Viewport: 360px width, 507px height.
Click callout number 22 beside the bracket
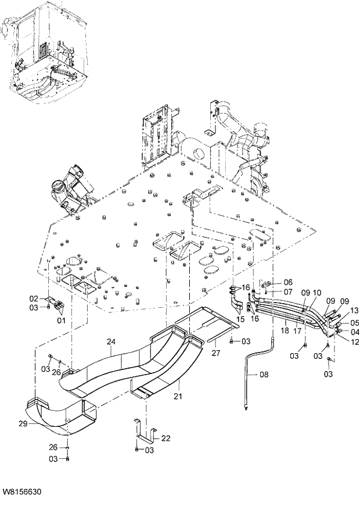(x=165, y=438)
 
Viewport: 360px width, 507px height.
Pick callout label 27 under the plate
(x=215, y=352)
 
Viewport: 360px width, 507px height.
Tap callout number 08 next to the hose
(x=264, y=375)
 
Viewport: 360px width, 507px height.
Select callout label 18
(x=284, y=330)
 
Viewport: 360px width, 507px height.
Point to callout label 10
(x=316, y=293)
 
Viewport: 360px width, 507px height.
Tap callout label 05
(x=354, y=323)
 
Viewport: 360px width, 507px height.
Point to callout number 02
(x=34, y=299)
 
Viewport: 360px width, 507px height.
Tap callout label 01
(x=60, y=319)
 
